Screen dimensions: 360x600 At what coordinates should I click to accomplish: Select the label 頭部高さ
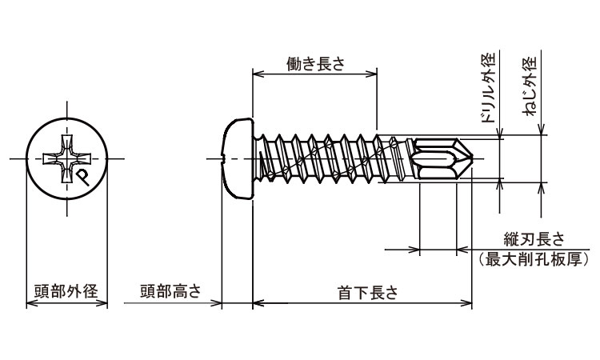tap(170, 291)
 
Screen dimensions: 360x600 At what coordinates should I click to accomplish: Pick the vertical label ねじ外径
tap(530, 87)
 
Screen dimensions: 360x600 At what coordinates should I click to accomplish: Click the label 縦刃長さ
tap(534, 239)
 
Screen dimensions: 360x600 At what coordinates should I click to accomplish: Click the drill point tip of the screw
tap(475, 160)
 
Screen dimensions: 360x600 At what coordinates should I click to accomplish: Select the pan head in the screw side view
tap(237, 159)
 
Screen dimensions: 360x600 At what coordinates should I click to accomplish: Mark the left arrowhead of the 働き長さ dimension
tap(257, 74)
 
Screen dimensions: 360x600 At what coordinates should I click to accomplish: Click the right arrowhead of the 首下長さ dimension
tap(468, 303)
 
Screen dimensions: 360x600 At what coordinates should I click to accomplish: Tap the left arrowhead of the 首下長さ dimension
tap(257, 303)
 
